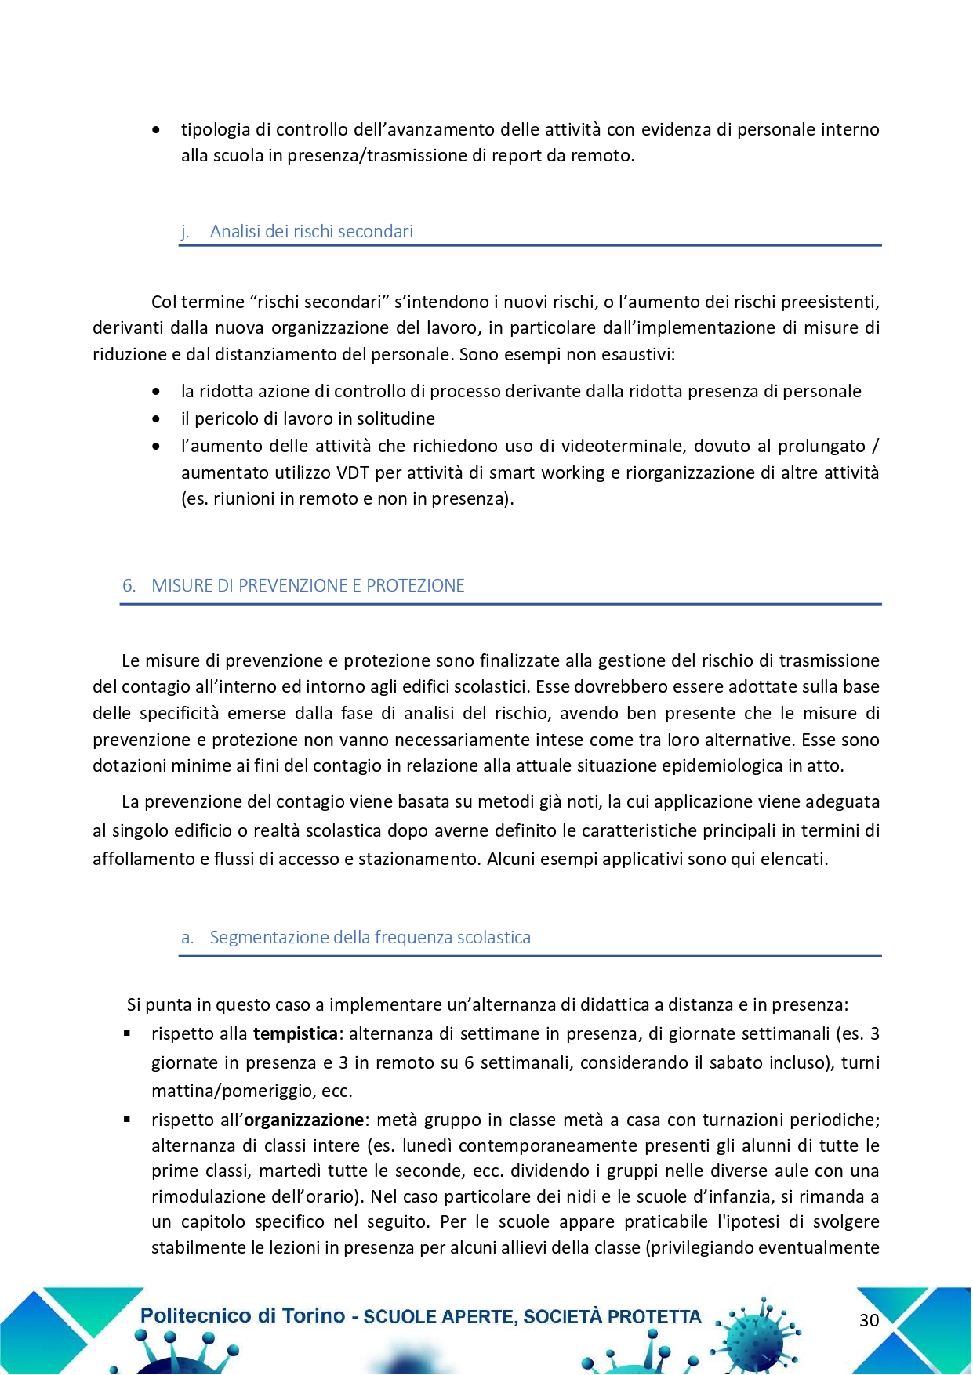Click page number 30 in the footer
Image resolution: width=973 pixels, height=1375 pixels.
coord(869,1320)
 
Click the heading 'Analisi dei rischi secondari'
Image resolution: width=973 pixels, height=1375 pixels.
coord(311,232)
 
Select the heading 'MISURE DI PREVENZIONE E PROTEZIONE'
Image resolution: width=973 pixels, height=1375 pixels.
coord(307,586)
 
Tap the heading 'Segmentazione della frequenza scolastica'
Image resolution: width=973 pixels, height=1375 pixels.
coord(370,938)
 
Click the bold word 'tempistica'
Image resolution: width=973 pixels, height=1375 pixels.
coord(295,1034)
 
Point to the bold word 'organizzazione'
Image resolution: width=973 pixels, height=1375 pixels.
coord(303,1120)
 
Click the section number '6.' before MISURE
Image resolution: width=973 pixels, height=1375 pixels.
coord(129,586)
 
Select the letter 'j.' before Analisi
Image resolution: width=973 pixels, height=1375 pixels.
coord(185,232)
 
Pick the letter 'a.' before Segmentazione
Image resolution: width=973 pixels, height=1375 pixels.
coord(187,938)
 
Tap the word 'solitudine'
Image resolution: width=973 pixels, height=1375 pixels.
coord(396,419)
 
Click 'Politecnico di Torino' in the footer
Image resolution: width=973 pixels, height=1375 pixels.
coord(242,1316)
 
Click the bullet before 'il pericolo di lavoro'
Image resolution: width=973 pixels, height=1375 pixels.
coord(157,419)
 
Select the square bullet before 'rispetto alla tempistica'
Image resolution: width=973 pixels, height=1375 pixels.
coord(127,1034)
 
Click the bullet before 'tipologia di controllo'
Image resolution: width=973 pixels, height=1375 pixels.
coord(157,130)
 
